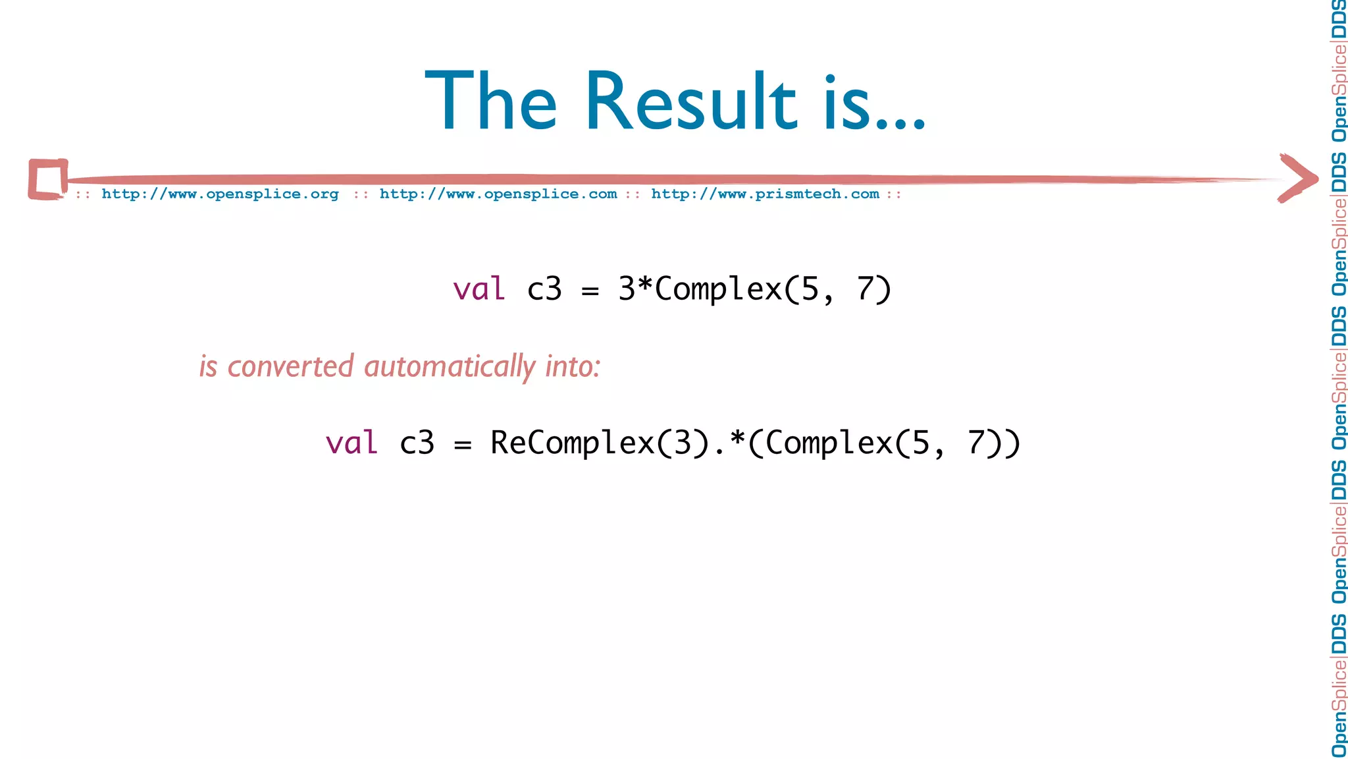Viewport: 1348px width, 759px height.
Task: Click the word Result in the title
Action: pyautogui.click(x=691, y=102)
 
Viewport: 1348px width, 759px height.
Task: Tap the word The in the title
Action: pyautogui.click(x=491, y=102)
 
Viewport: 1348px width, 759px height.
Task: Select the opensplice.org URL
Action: pyautogui.click(x=220, y=194)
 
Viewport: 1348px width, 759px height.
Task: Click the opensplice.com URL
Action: pyautogui.click(x=498, y=194)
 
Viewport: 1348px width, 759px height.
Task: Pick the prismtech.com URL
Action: pyautogui.click(x=765, y=194)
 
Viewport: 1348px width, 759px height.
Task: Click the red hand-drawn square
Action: pyautogui.click(x=47, y=179)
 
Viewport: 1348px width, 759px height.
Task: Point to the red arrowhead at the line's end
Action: pyautogui.click(x=1298, y=178)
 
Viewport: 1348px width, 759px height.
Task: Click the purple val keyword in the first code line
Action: pyautogui.click(x=479, y=289)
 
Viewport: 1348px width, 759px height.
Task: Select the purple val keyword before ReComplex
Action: pyautogui.click(x=351, y=443)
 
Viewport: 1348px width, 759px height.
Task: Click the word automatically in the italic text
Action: pyautogui.click(x=450, y=367)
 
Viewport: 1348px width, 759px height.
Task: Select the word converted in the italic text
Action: pyautogui.click(x=290, y=366)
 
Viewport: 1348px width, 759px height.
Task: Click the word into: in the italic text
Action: pyautogui.click(x=573, y=366)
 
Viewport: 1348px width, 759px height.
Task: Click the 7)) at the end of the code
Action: pyautogui.click(x=994, y=443)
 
